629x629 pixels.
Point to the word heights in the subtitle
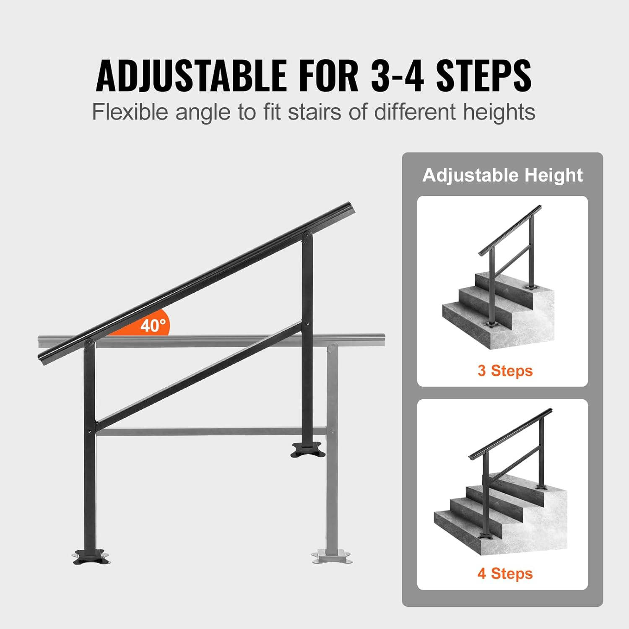point(499,112)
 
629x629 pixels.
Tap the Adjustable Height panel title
point(502,175)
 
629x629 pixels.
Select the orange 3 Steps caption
point(505,371)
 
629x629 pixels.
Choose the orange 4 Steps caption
point(505,573)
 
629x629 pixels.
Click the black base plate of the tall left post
point(91,556)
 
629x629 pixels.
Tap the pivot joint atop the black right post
point(307,237)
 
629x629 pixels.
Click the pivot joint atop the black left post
point(89,344)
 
